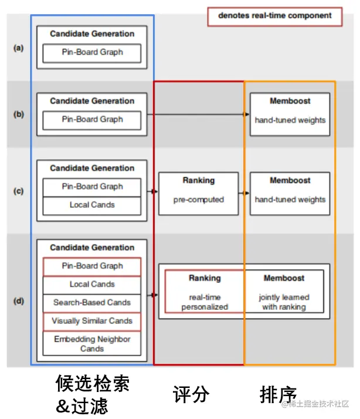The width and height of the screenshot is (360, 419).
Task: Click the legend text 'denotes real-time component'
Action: point(274,16)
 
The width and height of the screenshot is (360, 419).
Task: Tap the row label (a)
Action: point(19,48)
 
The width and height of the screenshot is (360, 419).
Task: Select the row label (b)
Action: point(19,114)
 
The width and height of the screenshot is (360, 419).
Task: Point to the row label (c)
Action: point(19,191)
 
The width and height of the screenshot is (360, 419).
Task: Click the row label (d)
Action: point(19,302)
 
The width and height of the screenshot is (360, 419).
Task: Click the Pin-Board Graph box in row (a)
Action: point(92,52)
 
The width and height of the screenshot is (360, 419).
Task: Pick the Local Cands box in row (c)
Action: point(92,205)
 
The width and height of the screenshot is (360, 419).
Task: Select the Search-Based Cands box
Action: point(92,303)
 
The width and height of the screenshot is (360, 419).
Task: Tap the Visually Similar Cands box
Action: point(92,321)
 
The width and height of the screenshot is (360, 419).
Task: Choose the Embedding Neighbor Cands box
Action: point(92,344)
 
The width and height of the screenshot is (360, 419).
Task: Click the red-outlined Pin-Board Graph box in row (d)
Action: point(92,266)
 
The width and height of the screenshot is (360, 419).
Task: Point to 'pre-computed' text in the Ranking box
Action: point(198,200)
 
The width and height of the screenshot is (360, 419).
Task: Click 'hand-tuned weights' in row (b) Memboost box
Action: point(290,120)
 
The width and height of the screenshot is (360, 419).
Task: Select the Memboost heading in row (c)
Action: point(290,180)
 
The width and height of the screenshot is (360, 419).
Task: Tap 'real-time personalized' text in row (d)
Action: point(205,302)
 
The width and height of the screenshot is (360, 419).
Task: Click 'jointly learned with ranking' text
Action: point(284,302)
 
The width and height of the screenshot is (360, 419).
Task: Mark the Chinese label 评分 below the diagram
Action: point(191,394)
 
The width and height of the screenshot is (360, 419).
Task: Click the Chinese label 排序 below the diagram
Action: point(278,394)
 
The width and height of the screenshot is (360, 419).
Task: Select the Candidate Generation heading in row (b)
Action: point(92,101)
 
